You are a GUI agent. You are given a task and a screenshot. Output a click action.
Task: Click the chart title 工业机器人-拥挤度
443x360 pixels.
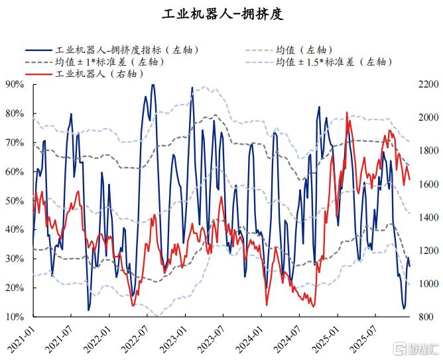[223, 14]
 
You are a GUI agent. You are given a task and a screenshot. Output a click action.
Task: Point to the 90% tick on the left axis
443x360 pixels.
[15, 84]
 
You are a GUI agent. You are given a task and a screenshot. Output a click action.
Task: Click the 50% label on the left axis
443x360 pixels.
[15, 200]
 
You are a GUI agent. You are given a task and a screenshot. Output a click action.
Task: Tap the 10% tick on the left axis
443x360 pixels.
[15, 317]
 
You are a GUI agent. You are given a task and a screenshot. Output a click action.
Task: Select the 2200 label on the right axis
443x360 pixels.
[428, 84]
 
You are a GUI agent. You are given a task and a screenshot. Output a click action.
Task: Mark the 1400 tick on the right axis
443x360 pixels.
[428, 217]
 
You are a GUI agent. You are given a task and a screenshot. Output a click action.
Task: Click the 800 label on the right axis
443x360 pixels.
[426, 317]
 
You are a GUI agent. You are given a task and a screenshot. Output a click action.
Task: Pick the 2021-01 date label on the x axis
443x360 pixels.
[23, 338]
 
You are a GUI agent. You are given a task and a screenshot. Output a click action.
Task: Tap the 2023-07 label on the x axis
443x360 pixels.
[213, 338]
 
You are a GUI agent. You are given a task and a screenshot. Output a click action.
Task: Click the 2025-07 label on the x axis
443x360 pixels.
[365, 338]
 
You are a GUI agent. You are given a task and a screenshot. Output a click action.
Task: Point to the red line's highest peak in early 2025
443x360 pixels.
[347, 113]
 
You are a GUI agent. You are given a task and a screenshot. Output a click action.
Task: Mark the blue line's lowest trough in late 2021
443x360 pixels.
[89, 310]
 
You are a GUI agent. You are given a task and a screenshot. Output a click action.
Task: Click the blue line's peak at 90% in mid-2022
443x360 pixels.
[153, 84]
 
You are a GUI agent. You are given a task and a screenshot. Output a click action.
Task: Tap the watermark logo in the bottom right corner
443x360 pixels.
[417, 349]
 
